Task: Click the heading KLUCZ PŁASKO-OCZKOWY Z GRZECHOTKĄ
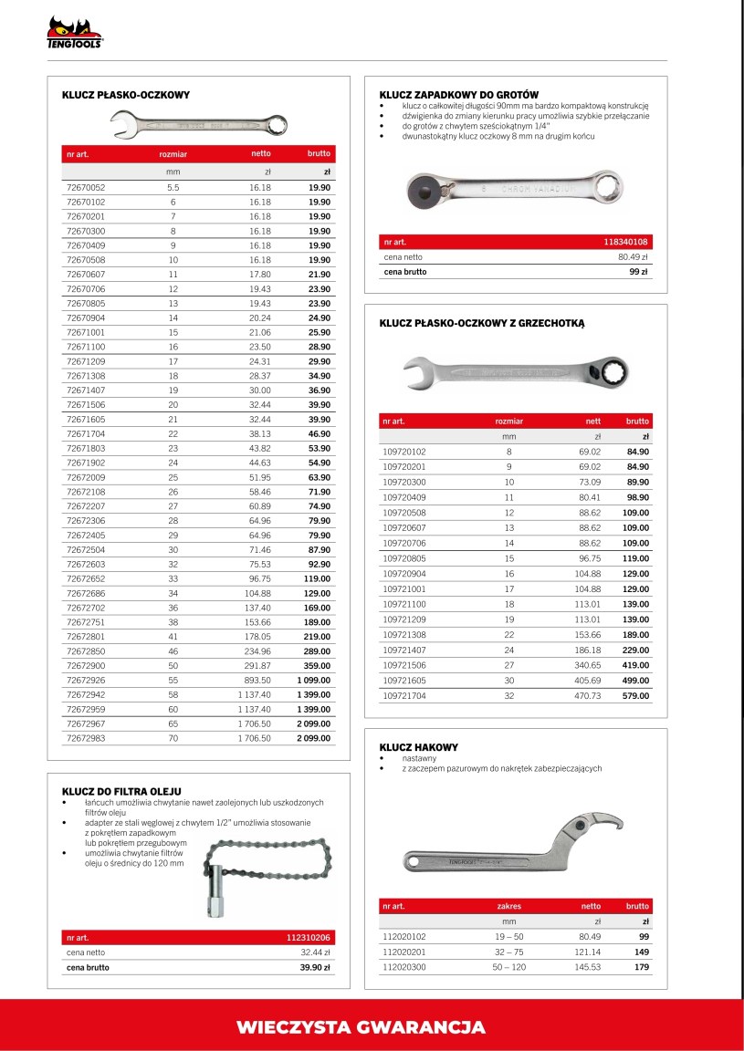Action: tap(481, 323)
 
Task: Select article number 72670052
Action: tap(86, 187)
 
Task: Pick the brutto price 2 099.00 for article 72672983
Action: tap(313, 737)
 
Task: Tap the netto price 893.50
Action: tap(255, 681)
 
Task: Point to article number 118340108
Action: tap(625, 242)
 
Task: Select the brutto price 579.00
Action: tap(635, 695)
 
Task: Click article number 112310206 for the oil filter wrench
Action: tap(307, 938)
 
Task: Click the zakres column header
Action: tap(508, 906)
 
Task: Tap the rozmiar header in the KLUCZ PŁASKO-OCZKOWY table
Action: tap(173, 154)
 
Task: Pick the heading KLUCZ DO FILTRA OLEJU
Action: tap(121, 790)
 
